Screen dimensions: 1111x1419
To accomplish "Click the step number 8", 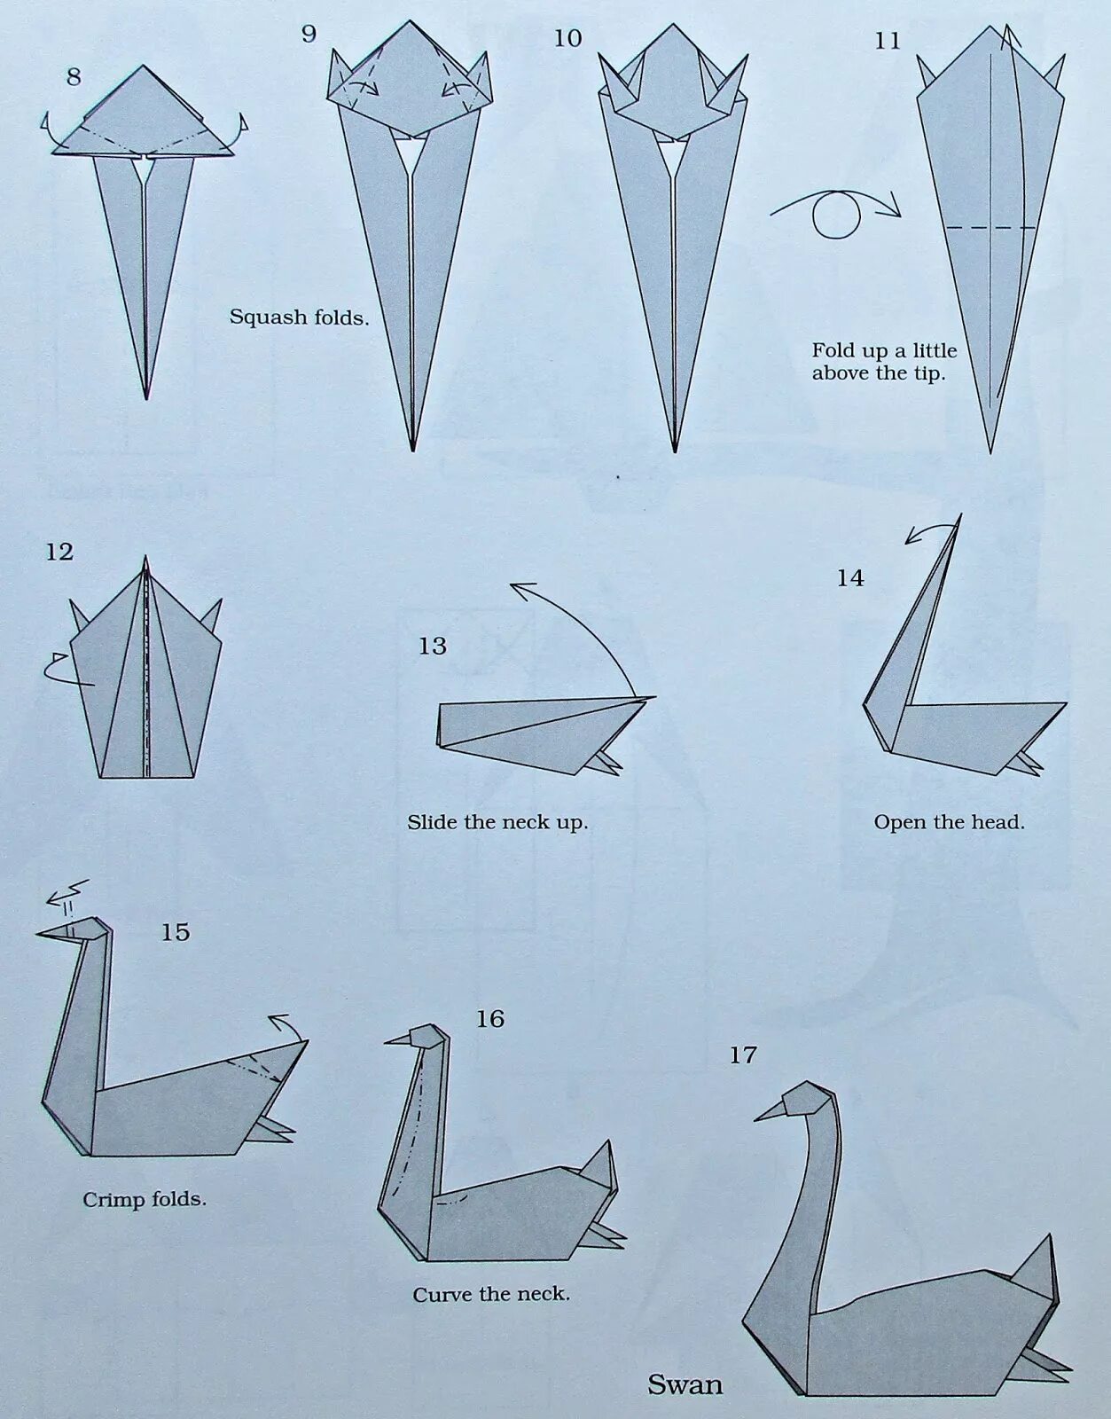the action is pos(74,77).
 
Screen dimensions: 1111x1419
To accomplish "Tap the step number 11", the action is pos(887,41).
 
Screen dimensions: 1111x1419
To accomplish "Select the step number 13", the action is pos(432,646).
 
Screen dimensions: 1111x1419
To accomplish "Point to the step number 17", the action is pos(743,1054).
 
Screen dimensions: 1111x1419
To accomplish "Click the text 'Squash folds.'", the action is pos(299,317).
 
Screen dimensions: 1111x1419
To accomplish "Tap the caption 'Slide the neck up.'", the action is pos(497,822).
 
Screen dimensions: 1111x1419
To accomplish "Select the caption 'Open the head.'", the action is pos(949,822).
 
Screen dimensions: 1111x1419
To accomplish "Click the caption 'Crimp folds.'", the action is pos(145,1199).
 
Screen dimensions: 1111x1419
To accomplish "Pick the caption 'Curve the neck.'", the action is pos(491,1294).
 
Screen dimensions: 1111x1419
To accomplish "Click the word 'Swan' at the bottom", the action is pos(685,1384).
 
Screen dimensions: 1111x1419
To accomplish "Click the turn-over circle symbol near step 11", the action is pos(836,215).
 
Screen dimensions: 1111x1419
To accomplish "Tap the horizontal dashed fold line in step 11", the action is pos(990,228).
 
